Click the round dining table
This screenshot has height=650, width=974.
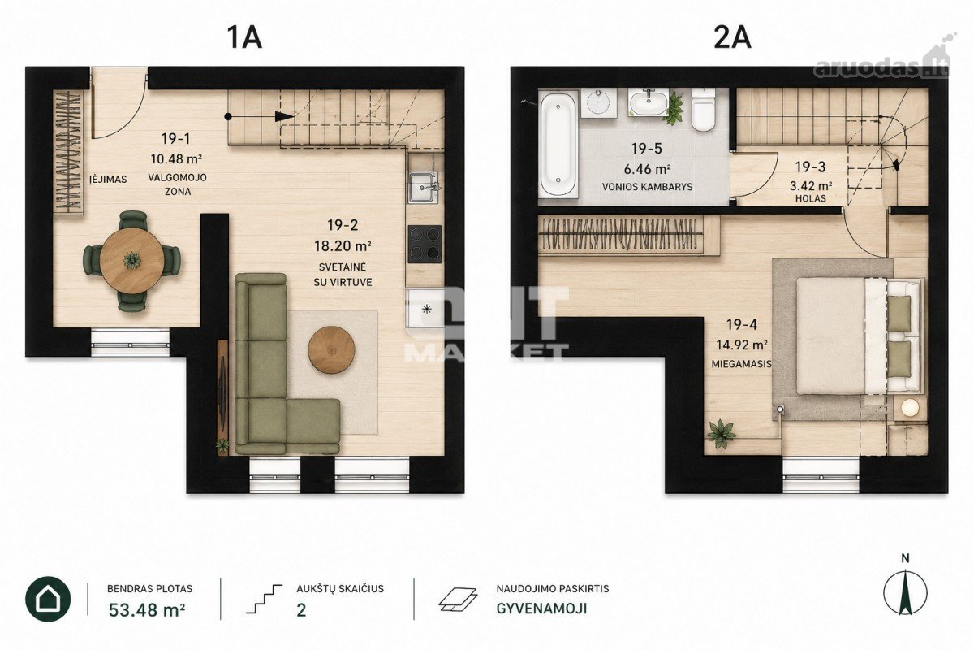[x=131, y=261]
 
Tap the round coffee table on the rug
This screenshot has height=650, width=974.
[x=331, y=349]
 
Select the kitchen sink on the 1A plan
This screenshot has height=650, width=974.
[x=422, y=188]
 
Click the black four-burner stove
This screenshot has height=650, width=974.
[x=425, y=244]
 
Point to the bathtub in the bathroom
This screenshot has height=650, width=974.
[x=558, y=143]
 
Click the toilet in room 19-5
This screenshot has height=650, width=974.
[x=703, y=109]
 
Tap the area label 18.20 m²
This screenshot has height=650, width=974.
[x=343, y=246]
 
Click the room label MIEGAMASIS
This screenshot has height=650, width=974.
[x=741, y=363]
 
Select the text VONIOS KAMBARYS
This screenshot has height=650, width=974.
[x=647, y=187]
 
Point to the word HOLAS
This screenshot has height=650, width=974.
[x=811, y=198]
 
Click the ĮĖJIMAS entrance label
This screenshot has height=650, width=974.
[x=108, y=179]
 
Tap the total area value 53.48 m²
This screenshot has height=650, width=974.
[x=147, y=610]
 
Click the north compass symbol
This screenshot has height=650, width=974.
[x=905, y=593]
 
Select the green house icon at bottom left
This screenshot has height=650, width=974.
[x=48, y=599]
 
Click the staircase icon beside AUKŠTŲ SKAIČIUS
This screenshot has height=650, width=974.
[x=264, y=599]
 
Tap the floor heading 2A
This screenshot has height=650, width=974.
[x=732, y=38]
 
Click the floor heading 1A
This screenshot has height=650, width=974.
[x=244, y=38]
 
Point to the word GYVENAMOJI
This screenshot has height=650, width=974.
[x=542, y=609]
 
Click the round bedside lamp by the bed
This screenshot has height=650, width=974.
[x=910, y=408]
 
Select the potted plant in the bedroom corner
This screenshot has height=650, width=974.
[x=722, y=433]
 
